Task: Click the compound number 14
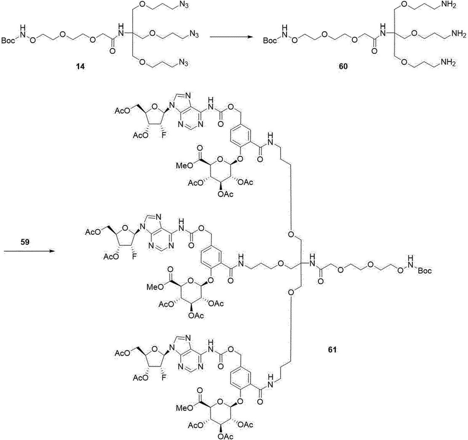[80, 67]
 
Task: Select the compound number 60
[343, 66]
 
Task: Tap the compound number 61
[332, 350]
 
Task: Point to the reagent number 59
[25, 242]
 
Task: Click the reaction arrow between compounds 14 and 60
[230, 37]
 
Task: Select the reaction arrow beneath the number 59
[29, 251]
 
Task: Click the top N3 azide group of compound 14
[184, 6]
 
